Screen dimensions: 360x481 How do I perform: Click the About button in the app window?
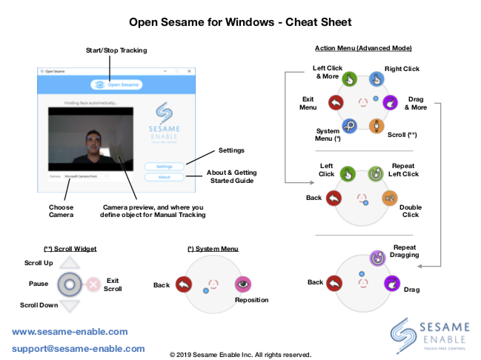click(x=165, y=177)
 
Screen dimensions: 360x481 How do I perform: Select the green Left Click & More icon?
click(x=349, y=79)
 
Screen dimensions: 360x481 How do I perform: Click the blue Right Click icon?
click(x=376, y=79)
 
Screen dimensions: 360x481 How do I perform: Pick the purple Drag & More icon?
click(x=392, y=103)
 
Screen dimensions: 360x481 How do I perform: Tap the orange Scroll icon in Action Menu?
click(x=376, y=126)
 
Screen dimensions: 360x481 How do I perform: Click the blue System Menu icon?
click(x=349, y=126)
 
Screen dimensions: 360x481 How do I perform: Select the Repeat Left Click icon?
click(x=376, y=174)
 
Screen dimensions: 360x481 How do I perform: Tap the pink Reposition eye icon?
click(x=242, y=284)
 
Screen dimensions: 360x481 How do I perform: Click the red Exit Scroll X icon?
click(x=93, y=284)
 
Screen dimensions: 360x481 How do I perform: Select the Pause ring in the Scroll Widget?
click(x=69, y=284)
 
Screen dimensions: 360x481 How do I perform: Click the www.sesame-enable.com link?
click(x=70, y=332)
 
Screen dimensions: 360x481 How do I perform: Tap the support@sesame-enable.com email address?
click(x=78, y=348)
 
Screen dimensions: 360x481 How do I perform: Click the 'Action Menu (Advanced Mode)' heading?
click(x=362, y=49)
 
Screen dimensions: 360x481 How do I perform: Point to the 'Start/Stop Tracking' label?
click(x=116, y=50)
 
